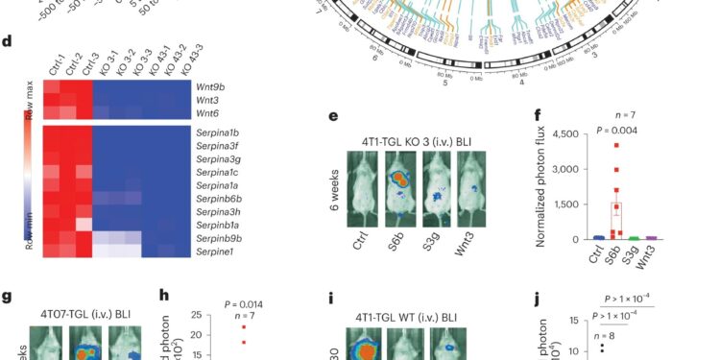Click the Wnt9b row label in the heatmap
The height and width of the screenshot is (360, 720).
tap(214, 86)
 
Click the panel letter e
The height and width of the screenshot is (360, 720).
tap(333, 117)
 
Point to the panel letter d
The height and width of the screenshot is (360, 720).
tap(7, 42)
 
